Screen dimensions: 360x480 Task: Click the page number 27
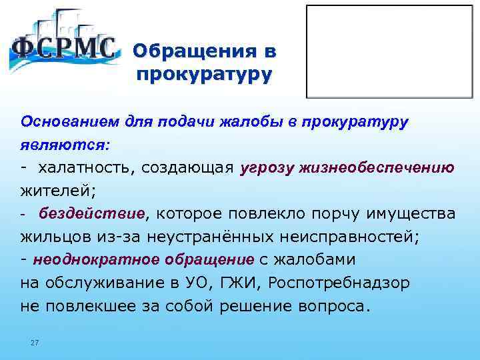[35, 343]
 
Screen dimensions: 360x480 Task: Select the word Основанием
[63, 122]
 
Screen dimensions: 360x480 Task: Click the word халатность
[83, 167]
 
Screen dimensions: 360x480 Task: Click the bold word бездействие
[91, 213]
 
